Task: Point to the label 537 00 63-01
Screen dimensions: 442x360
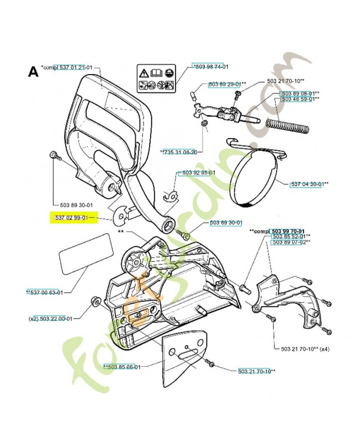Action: tap(47, 292)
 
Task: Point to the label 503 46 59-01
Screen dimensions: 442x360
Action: tap(298, 99)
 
